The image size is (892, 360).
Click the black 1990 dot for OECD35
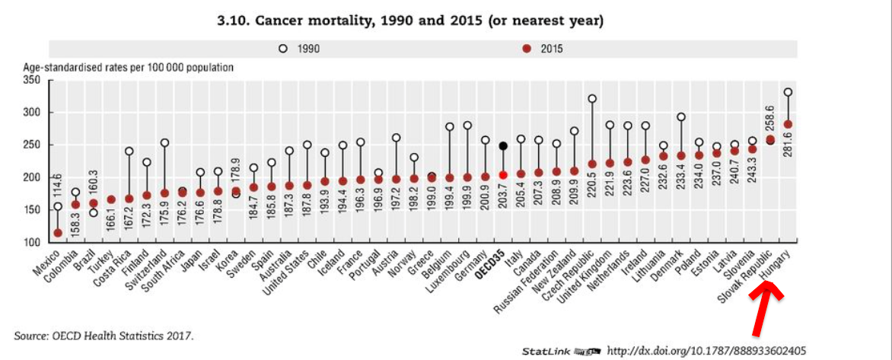tap(503, 145)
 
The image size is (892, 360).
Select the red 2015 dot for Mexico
tap(58, 233)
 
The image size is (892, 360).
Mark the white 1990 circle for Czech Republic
tap(592, 98)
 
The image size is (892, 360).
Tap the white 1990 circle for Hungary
tap(788, 92)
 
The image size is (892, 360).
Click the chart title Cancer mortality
tap(411, 21)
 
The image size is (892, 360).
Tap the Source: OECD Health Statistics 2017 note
tap(104, 335)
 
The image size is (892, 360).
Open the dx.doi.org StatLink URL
tap(706, 350)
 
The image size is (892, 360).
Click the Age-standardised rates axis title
tap(128, 67)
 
